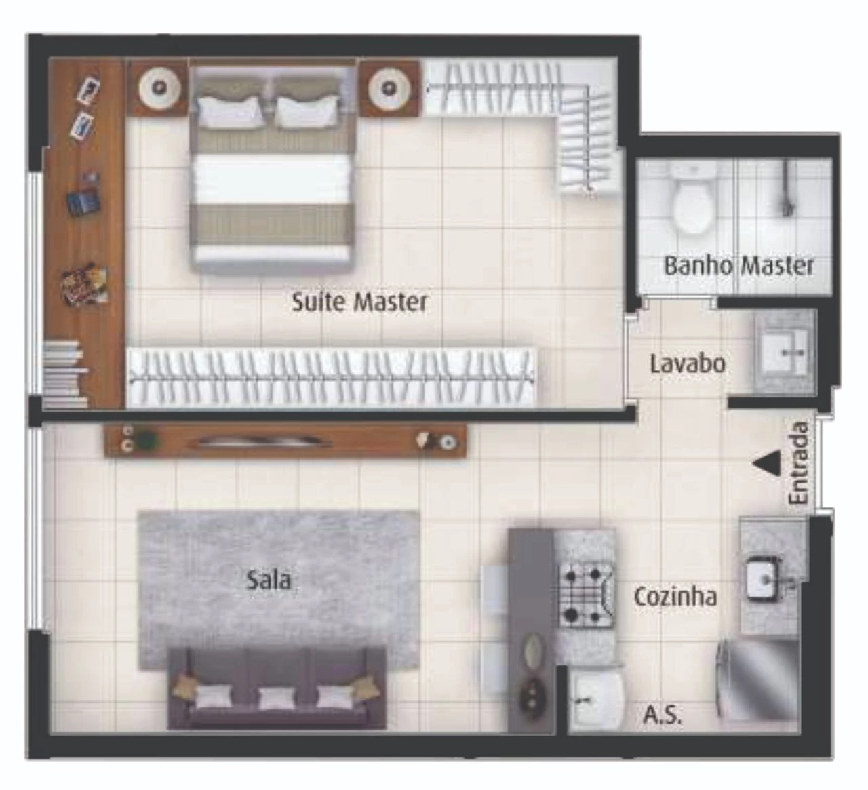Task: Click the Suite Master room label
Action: click(x=359, y=302)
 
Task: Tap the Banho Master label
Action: click(x=738, y=265)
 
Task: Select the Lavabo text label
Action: click(x=688, y=363)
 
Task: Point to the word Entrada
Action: click(x=798, y=462)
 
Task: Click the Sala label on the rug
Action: click(x=269, y=580)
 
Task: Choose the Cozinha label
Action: click(x=675, y=597)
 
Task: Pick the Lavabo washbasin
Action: click(x=784, y=353)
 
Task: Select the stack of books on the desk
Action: click(x=66, y=374)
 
